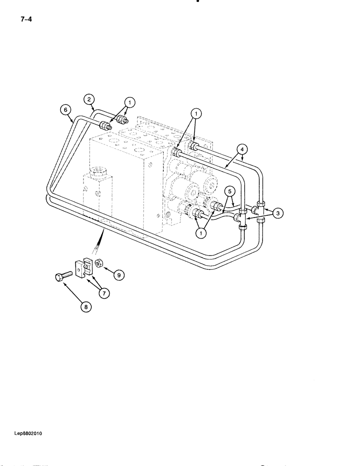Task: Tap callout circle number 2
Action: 89,99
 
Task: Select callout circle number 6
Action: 66,110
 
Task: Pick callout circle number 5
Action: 228,191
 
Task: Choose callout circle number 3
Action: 278,213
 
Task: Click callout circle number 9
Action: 118,275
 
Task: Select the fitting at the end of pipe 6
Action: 106,125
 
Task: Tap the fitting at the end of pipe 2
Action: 124,119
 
